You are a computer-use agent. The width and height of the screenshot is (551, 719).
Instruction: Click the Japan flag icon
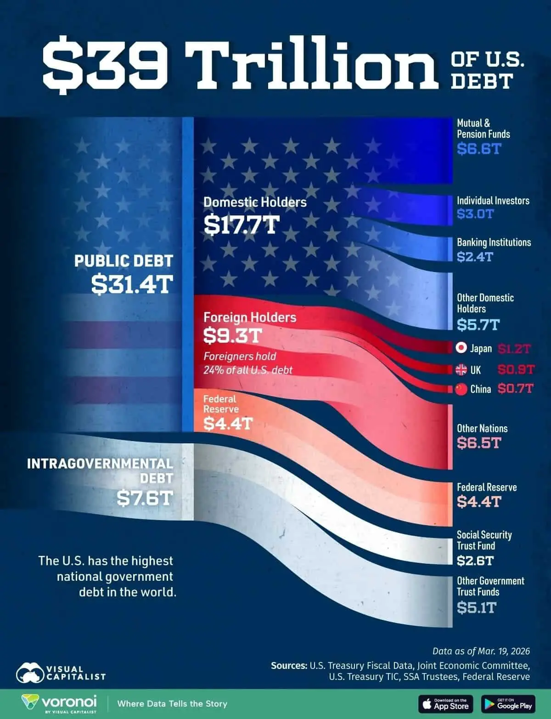pos(461,348)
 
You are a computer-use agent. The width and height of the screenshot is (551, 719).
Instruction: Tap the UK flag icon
pos(461,369)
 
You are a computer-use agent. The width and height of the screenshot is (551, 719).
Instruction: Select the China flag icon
pos(461,389)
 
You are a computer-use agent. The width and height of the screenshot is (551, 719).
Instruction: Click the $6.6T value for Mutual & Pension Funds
pos(478,148)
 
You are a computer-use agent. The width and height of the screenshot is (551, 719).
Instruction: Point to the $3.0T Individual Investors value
pos(475,214)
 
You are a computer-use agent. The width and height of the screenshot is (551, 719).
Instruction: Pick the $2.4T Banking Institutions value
pos(474,256)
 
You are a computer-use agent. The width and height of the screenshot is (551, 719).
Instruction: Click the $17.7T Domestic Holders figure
pos(242,225)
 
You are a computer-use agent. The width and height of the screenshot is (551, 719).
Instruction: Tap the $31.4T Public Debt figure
pos(132,283)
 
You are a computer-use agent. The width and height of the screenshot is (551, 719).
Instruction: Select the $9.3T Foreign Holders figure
pos(232,336)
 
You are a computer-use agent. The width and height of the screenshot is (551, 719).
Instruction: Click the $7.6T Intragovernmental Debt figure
pos(144,498)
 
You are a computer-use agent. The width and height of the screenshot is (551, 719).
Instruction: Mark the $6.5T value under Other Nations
pos(478,443)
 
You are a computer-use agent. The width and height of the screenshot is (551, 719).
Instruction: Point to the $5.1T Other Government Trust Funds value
pos(476,608)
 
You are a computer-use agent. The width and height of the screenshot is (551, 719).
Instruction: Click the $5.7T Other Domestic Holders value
pos(478,325)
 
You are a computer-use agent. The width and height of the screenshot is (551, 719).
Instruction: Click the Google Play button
pos(508,704)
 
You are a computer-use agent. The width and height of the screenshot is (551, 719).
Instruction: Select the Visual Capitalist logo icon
pos(30,673)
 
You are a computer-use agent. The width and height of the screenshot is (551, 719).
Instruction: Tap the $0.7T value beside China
pos(515,389)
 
